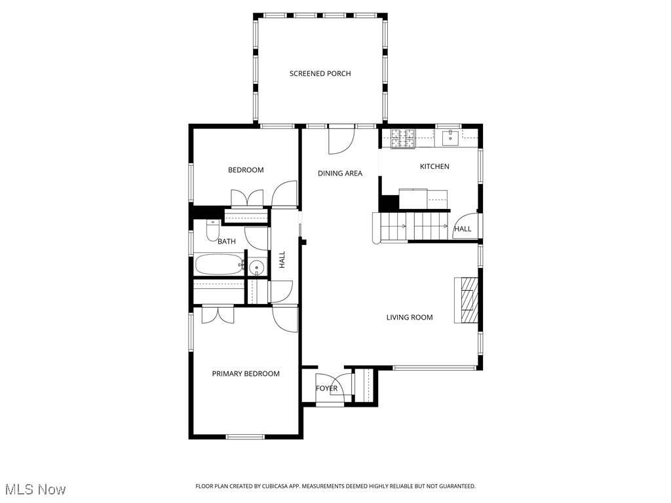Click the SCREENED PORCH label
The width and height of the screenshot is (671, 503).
320,73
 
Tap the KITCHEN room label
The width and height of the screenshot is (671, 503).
434,166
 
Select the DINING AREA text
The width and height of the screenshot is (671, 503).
340,174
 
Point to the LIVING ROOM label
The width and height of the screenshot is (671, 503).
410,318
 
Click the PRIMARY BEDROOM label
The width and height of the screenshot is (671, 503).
246,374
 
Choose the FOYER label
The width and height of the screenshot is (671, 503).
326,388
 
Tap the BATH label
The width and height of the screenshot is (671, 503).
227,242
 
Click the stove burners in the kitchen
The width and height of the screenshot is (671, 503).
403,138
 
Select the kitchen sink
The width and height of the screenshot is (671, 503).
451,138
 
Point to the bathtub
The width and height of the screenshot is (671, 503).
219,265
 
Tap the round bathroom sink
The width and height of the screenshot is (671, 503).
257,267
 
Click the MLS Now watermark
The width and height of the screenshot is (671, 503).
35,489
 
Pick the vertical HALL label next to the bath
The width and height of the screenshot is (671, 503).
282,260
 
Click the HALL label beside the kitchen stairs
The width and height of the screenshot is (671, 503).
463,229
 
